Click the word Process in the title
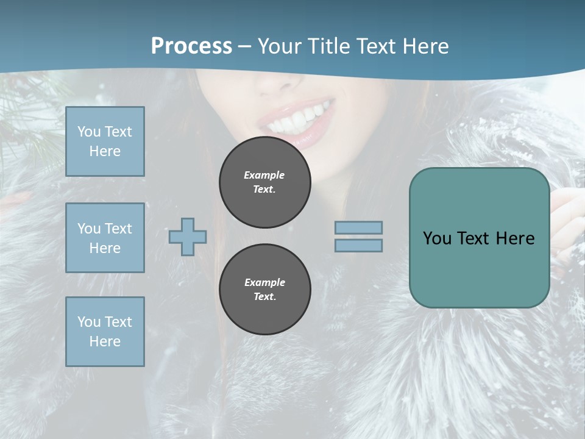pos(191,46)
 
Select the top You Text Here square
pos(105,141)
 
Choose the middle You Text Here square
pos(105,238)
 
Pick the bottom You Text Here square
pos(105,332)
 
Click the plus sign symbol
pos(188,237)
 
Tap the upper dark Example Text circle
pos(264,182)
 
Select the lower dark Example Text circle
pos(264,289)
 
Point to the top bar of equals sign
pos(358,227)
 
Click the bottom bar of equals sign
pos(358,245)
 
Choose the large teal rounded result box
pos(479,238)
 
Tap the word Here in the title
pos(424,46)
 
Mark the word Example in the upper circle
pos(264,175)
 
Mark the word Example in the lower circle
pos(264,282)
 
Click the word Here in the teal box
pos(515,238)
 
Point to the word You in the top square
pos(88,132)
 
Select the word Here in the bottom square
pos(105,341)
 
